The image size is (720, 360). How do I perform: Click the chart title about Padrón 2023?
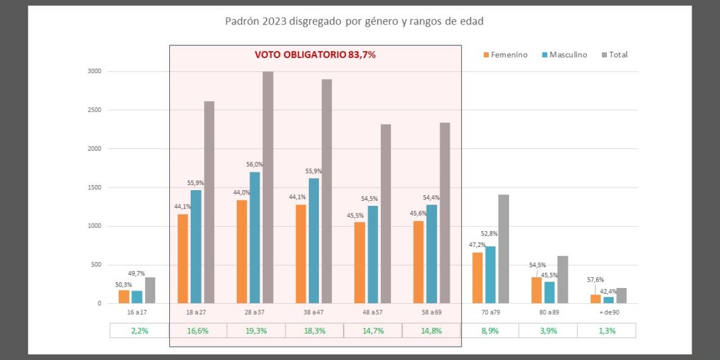354,21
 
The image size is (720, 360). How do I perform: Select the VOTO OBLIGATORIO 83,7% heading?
315,55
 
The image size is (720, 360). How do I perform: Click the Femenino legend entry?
505,55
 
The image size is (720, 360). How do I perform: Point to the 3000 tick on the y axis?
94,71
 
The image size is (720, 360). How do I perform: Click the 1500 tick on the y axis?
94,188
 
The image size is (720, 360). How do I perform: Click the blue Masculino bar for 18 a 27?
196,247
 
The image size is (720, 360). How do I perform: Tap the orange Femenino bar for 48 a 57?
359,263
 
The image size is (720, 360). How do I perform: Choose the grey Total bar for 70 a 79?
503,249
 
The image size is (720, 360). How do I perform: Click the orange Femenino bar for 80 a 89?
536,290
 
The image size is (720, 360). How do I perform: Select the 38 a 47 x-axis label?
314,312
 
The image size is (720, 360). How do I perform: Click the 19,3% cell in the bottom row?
256,330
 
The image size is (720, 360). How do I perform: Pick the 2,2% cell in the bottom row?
139,330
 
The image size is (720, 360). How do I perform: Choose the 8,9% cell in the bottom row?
490,330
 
